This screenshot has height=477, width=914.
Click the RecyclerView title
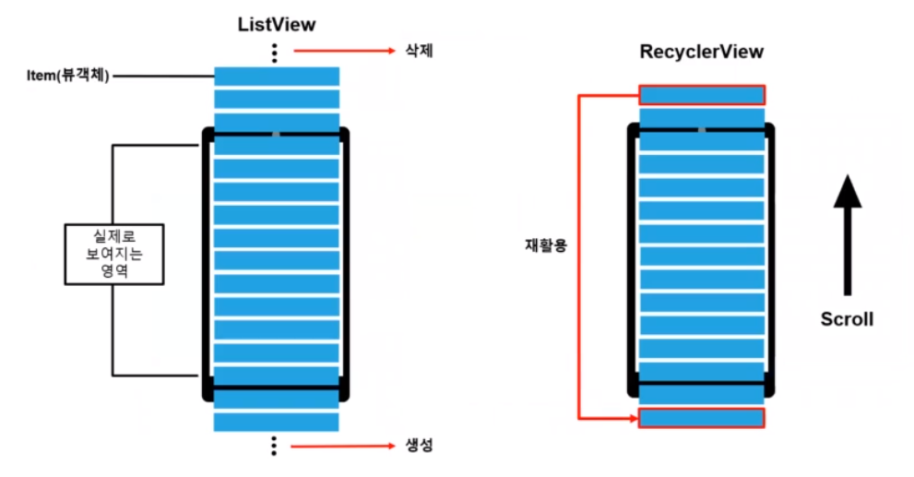coord(702,52)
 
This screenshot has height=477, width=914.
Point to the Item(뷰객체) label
coord(69,76)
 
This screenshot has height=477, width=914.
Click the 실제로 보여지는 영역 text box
coord(114,254)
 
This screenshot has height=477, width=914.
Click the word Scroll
coord(847,319)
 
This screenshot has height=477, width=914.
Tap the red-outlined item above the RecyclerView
coord(702,94)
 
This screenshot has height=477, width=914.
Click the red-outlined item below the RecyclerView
coord(702,418)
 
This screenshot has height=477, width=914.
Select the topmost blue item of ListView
coord(276,76)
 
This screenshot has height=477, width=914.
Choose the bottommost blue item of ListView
coord(276,423)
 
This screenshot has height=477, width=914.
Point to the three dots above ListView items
coord(275,53)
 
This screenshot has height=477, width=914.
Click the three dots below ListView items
coord(275,447)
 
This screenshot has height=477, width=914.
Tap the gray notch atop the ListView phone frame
coord(275,135)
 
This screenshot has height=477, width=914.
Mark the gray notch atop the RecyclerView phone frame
coord(702,130)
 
